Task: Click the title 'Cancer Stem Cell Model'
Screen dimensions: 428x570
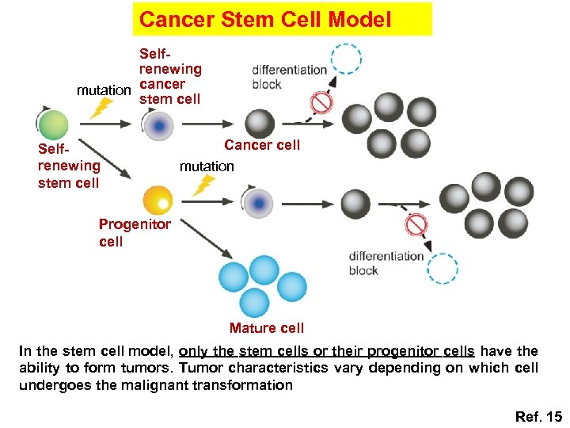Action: click(x=264, y=19)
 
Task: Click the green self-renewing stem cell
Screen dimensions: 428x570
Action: click(x=54, y=125)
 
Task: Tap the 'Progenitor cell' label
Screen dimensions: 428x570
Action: click(x=134, y=233)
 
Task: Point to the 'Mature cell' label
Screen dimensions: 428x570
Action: click(x=266, y=328)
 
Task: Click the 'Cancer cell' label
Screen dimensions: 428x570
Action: click(x=262, y=145)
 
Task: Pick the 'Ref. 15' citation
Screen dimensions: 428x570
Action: click(x=538, y=416)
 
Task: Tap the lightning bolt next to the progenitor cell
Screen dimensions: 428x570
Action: click(x=204, y=185)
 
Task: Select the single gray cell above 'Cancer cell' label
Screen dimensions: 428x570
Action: click(x=260, y=124)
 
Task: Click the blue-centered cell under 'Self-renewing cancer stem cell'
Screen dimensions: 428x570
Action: click(x=159, y=125)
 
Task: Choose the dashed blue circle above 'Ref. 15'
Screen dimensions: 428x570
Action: click(x=442, y=267)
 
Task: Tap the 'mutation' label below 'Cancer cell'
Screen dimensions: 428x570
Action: click(x=207, y=166)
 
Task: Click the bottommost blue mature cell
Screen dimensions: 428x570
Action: click(x=254, y=302)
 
